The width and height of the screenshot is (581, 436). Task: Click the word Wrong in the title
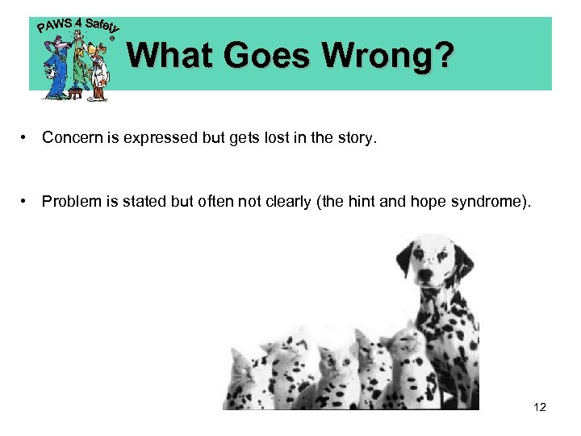click(387, 56)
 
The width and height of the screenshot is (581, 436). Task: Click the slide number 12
click(540, 407)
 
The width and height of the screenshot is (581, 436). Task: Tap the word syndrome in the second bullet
click(494, 201)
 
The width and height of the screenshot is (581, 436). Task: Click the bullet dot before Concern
click(27, 138)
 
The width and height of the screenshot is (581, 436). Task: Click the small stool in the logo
click(77, 94)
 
